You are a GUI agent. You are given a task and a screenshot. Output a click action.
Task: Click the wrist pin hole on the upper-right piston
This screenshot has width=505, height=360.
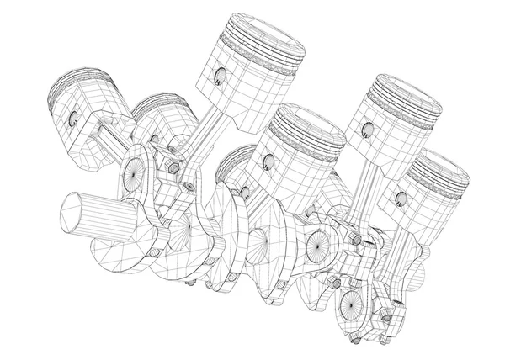[x=366, y=129]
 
